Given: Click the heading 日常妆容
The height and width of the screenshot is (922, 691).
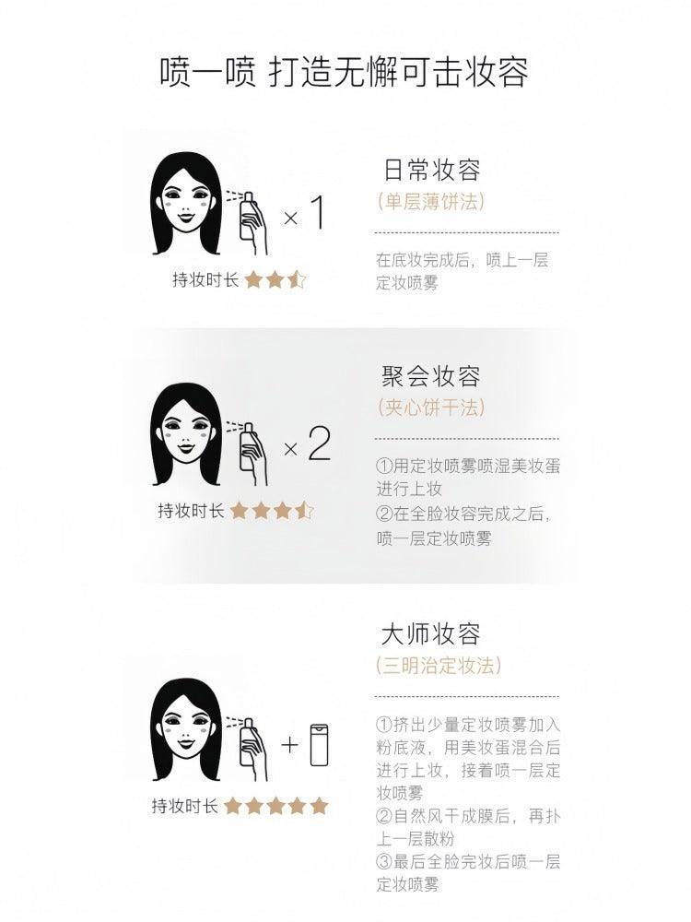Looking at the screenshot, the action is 432,171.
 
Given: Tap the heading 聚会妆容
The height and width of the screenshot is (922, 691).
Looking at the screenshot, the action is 431,376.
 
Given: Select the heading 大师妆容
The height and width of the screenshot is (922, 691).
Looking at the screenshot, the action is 430,634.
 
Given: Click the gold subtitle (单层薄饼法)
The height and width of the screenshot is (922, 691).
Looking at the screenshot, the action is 431,202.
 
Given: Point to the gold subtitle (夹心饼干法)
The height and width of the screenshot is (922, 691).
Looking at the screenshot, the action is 431,407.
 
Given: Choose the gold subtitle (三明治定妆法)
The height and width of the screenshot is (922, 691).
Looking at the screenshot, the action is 439,665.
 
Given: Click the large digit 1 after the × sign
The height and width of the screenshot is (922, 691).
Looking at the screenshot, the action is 317,213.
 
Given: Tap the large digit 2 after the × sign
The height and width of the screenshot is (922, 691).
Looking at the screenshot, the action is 319,444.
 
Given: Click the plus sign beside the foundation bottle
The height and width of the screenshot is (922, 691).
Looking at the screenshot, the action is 289,745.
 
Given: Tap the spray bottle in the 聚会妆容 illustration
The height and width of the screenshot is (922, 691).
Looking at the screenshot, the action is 247,446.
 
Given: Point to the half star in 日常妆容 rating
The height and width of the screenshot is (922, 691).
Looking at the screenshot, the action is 297,278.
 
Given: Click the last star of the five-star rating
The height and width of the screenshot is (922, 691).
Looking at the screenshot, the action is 319,805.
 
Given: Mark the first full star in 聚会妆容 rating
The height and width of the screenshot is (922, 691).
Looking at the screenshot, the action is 239,511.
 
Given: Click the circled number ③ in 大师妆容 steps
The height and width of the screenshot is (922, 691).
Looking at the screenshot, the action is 383,862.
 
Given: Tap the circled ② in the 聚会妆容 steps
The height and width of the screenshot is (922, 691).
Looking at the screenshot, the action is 383,514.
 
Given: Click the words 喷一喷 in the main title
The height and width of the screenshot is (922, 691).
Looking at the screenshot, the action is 208,72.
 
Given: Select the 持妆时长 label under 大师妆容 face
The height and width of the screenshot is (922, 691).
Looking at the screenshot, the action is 184,806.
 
